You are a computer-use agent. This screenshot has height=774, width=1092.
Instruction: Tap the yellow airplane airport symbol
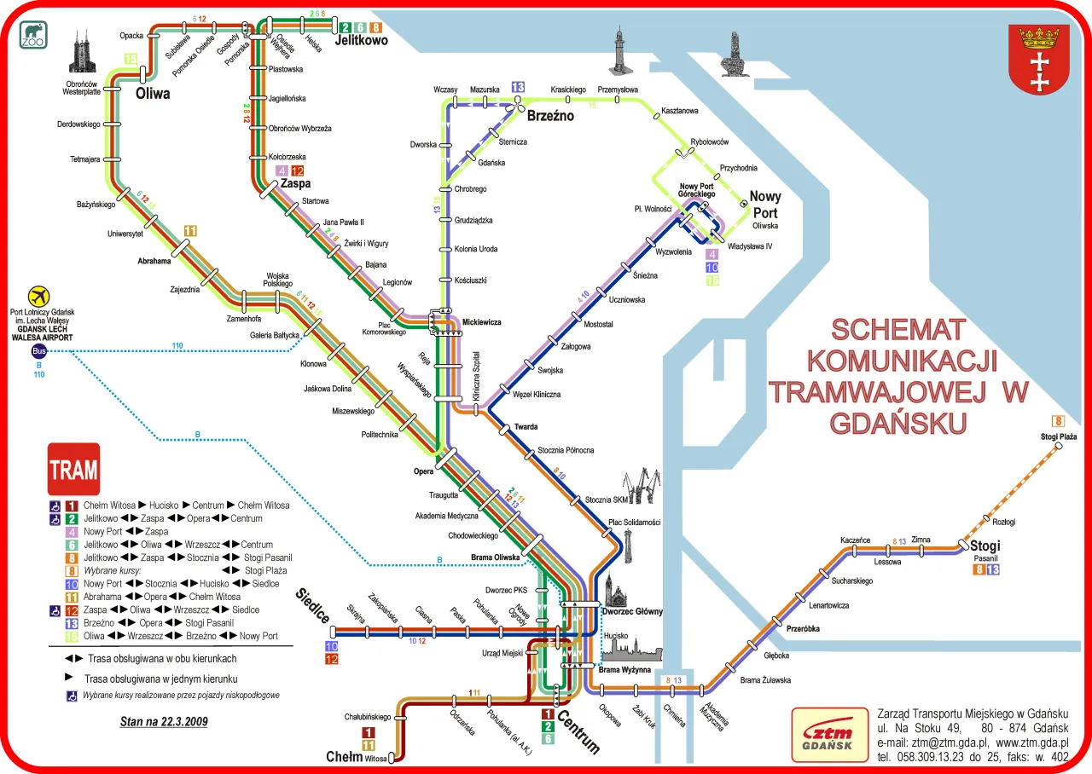pos(38,297)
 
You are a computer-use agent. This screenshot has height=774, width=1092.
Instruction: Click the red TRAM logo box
pos(73,470)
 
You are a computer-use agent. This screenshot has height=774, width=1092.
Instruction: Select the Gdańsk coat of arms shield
pos(1038,60)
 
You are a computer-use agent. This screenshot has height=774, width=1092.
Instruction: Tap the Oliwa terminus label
pos(153,94)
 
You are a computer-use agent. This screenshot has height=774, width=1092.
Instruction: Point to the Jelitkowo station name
pos(362,40)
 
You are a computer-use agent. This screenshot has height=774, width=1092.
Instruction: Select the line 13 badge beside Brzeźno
pos(518,87)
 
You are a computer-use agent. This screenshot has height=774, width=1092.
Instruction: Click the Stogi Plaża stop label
pos(1059,437)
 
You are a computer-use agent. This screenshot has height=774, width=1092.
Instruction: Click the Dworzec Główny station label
pos(632,611)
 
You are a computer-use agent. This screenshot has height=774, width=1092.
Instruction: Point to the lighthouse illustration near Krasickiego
pos(618,49)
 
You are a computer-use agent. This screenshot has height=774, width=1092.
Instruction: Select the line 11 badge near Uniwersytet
pos(190,231)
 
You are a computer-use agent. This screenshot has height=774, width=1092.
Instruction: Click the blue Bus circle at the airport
pos(38,351)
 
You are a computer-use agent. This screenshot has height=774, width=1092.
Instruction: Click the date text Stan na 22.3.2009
pos(164,722)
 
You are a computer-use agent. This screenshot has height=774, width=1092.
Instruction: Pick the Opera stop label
pos(424,471)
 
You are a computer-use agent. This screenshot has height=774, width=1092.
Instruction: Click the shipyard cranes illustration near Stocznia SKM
pos(640,487)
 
